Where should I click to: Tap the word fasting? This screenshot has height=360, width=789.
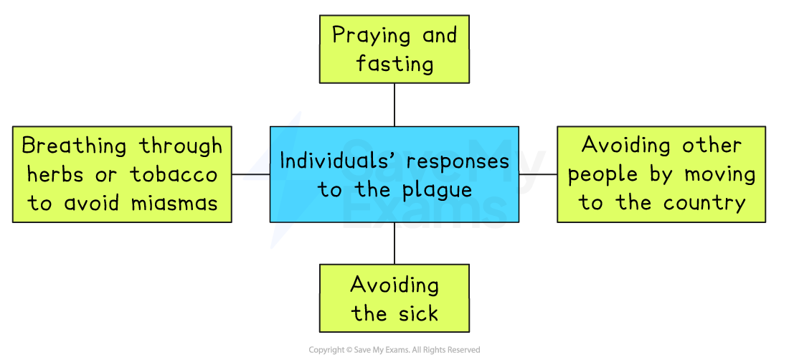point(394,65)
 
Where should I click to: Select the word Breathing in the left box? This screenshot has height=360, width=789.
point(75,146)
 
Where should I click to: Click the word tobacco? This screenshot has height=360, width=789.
point(174,175)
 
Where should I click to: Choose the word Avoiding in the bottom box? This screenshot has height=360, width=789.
point(394,285)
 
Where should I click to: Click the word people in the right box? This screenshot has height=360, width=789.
point(602,174)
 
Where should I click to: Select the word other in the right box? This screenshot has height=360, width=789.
point(710,146)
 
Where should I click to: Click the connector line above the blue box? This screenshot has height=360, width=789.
point(394,105)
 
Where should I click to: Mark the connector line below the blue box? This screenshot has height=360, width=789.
point(394,243)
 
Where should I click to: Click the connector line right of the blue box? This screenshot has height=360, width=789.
point(537,174)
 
